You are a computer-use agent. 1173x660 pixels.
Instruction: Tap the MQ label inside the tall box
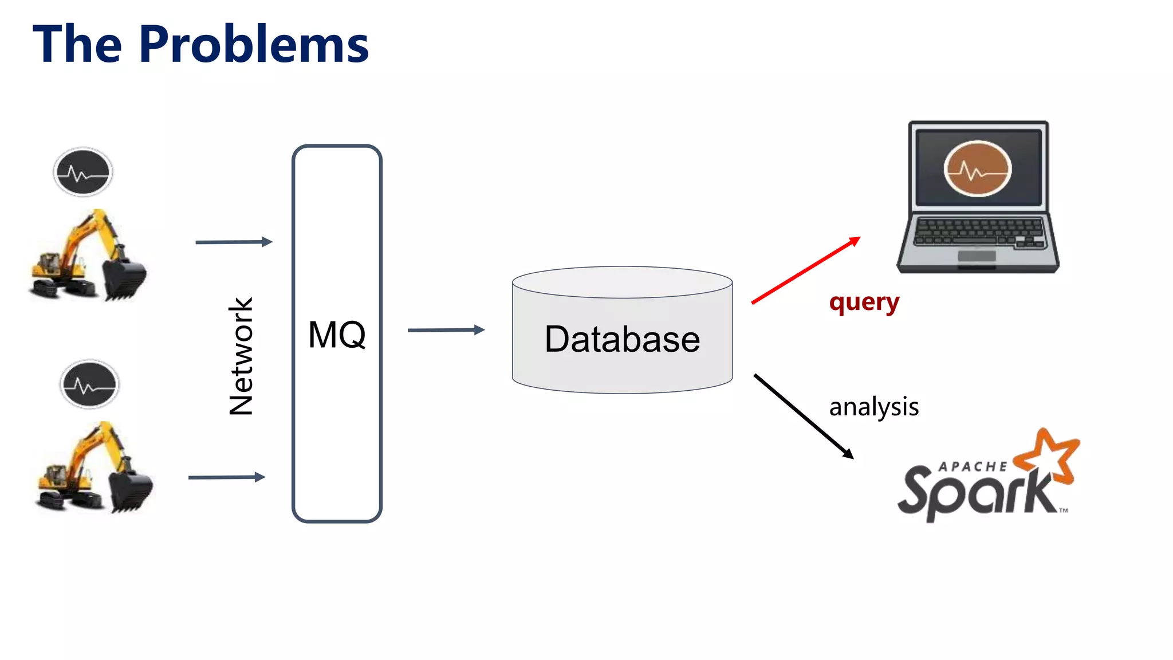click(x=337, y=335)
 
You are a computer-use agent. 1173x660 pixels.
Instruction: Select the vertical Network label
click(x=241, y=356)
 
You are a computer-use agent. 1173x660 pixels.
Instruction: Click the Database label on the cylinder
click(x=622, y=339)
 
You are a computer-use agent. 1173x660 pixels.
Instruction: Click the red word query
click(x=864, y=302)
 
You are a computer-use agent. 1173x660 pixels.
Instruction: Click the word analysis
click(x=873, y=407)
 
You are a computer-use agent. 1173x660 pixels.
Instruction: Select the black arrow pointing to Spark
click(x=803, y=416)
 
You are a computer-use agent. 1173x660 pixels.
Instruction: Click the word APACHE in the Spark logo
click(x=973, y=467)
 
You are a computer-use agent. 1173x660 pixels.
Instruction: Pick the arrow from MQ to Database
click(x=446, y=330)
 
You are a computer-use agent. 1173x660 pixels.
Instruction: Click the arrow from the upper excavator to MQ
click(x=234, y=242)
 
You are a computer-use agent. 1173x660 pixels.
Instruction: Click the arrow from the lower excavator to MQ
click(x=227, y=477)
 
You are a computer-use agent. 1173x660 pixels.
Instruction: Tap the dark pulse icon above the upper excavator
click(x=83, y=172)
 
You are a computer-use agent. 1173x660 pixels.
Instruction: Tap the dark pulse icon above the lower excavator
click(x=89, y=384)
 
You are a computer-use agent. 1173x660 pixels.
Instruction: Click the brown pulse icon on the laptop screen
click(x=977, y=169)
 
